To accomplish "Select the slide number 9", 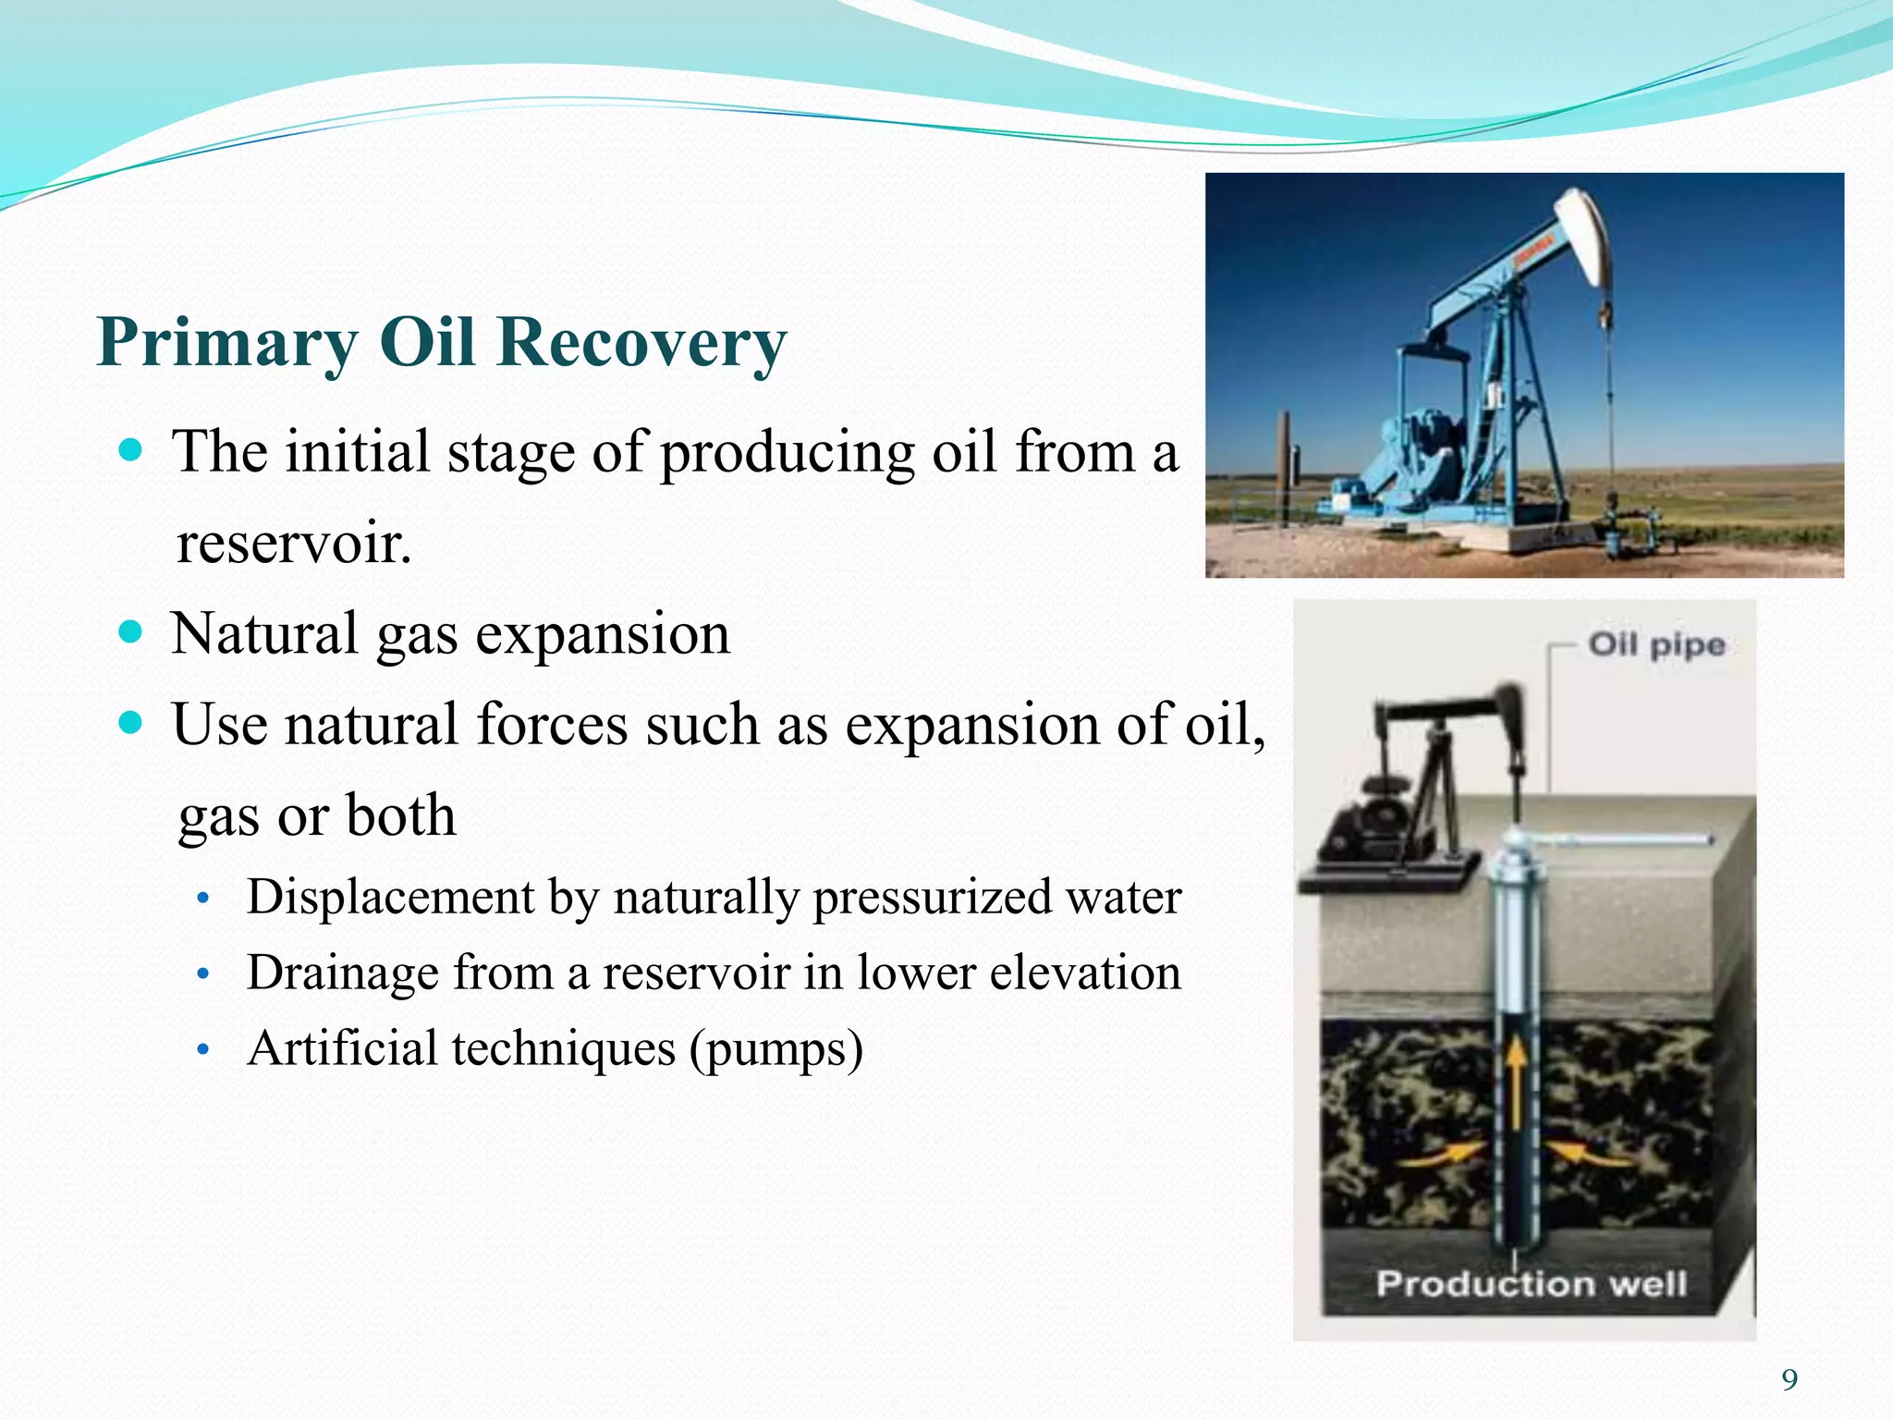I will pos(1789,1380).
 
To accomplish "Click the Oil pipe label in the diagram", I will pos(1656,644).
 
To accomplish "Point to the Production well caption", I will pos(1531,1284).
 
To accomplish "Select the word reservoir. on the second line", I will pos(294,544).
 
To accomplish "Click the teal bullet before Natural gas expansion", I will pos(132,632).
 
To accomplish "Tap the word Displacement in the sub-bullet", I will pos(390,897).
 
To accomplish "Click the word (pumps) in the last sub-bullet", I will pos(776,1048).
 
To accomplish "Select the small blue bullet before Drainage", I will pos(204,975).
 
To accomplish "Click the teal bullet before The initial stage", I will pos(132,451).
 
